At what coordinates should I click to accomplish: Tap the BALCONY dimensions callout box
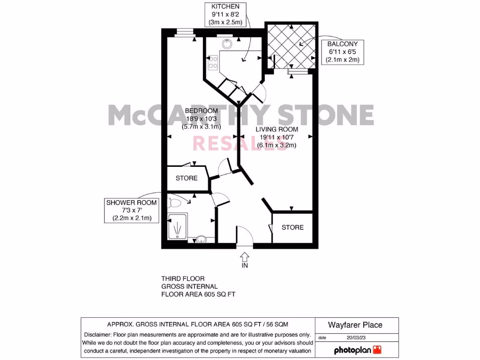pyautogui.click(x=341, y=52)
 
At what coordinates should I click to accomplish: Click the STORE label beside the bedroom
pyautogui.click(x=187, y=178)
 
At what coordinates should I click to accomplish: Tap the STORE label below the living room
pyautogui.click(x=292, y=227)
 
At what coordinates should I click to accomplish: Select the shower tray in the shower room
pyautogui.click(x=179, y=227)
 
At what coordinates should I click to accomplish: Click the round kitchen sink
pyautogui.click(x=227, y=44)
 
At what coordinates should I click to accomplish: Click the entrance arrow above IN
pyautogui.click(x=244, y=256)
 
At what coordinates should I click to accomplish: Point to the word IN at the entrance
pyautogui.click(x=244, y=266)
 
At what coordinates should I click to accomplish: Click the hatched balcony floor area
pyautogui.click(x=291, y=45)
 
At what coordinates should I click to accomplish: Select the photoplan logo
pyautogui.click(x=357, y=350)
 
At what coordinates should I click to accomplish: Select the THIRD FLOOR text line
pyautogui.click(x=183, y=278)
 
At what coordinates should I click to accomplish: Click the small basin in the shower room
pyautogui.click(x=201, y=239)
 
